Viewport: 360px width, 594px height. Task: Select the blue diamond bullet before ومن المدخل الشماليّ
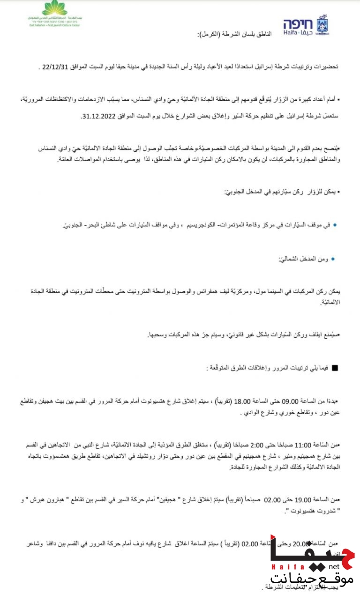point(333,259)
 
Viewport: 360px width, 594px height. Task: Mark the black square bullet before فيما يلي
point(335,368)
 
